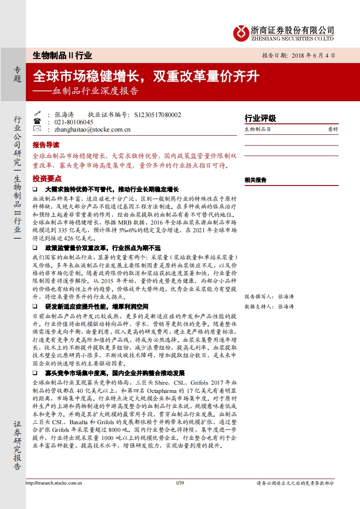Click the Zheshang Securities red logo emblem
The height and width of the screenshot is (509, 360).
(x=241, y=32)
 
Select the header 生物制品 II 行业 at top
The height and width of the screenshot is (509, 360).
(x=63, y=56)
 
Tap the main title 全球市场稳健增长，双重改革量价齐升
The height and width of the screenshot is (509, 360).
(x=146, y=76)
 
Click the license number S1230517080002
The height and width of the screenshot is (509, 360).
(x=158, y=115)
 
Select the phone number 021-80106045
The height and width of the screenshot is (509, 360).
(x=74, y=122)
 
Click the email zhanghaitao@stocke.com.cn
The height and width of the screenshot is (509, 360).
(x=92, y=129)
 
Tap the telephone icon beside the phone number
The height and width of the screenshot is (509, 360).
(x=37, y=122)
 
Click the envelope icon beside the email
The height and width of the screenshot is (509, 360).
(x=37, y=129)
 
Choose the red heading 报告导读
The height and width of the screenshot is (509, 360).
(x=46, y=145)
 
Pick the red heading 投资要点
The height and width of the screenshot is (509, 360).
(x=46, y=178)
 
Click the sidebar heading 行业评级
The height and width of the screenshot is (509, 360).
(x=260, y=119)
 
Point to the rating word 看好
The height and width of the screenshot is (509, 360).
(x=333, y=129)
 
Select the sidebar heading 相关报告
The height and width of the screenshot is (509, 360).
(x=256, y=180)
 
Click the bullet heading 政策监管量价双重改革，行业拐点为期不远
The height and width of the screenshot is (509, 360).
(x=103, y=248)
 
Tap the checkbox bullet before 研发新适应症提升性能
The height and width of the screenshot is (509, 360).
(x=35, y=307)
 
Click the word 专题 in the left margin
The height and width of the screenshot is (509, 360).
(x=17, y=74)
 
